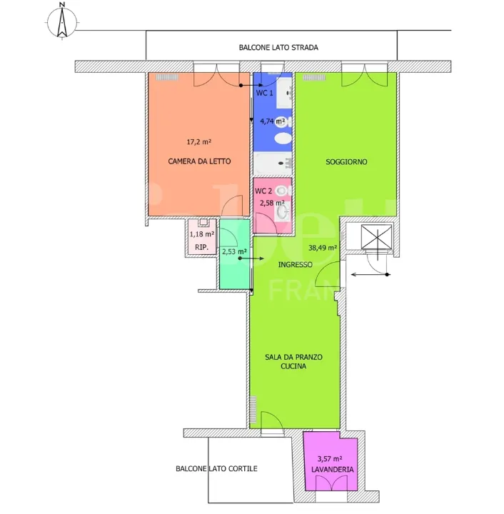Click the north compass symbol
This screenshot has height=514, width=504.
click(62, 21)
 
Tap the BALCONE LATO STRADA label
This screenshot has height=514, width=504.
click(278, 48)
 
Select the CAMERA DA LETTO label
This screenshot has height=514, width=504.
click(199, 161)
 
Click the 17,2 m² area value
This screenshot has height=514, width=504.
click(199, 142)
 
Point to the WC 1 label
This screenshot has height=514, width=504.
click(264, 93)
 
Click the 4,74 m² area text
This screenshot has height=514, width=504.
click(272, 121)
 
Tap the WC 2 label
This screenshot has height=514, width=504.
click(263, 191)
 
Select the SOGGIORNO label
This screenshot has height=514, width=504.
click(346, 162)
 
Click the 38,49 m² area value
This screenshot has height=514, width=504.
click(323, 248)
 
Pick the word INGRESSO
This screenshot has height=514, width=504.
click(296, 265)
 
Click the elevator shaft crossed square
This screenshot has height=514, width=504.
click(376, 236)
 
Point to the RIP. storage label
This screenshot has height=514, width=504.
click(201, 247)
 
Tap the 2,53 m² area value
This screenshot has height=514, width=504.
click(234, 252)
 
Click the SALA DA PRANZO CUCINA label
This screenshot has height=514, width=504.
click(293, 361)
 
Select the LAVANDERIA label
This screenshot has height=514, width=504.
click(332, 470)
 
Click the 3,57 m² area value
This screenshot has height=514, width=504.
click(330, 459)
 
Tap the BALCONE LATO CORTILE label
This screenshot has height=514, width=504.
click(216, 469)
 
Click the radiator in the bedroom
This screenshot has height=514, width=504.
click(167, 77)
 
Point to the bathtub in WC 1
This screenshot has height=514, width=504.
click(273, 163)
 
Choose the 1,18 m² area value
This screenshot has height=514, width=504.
click(202, 234)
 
